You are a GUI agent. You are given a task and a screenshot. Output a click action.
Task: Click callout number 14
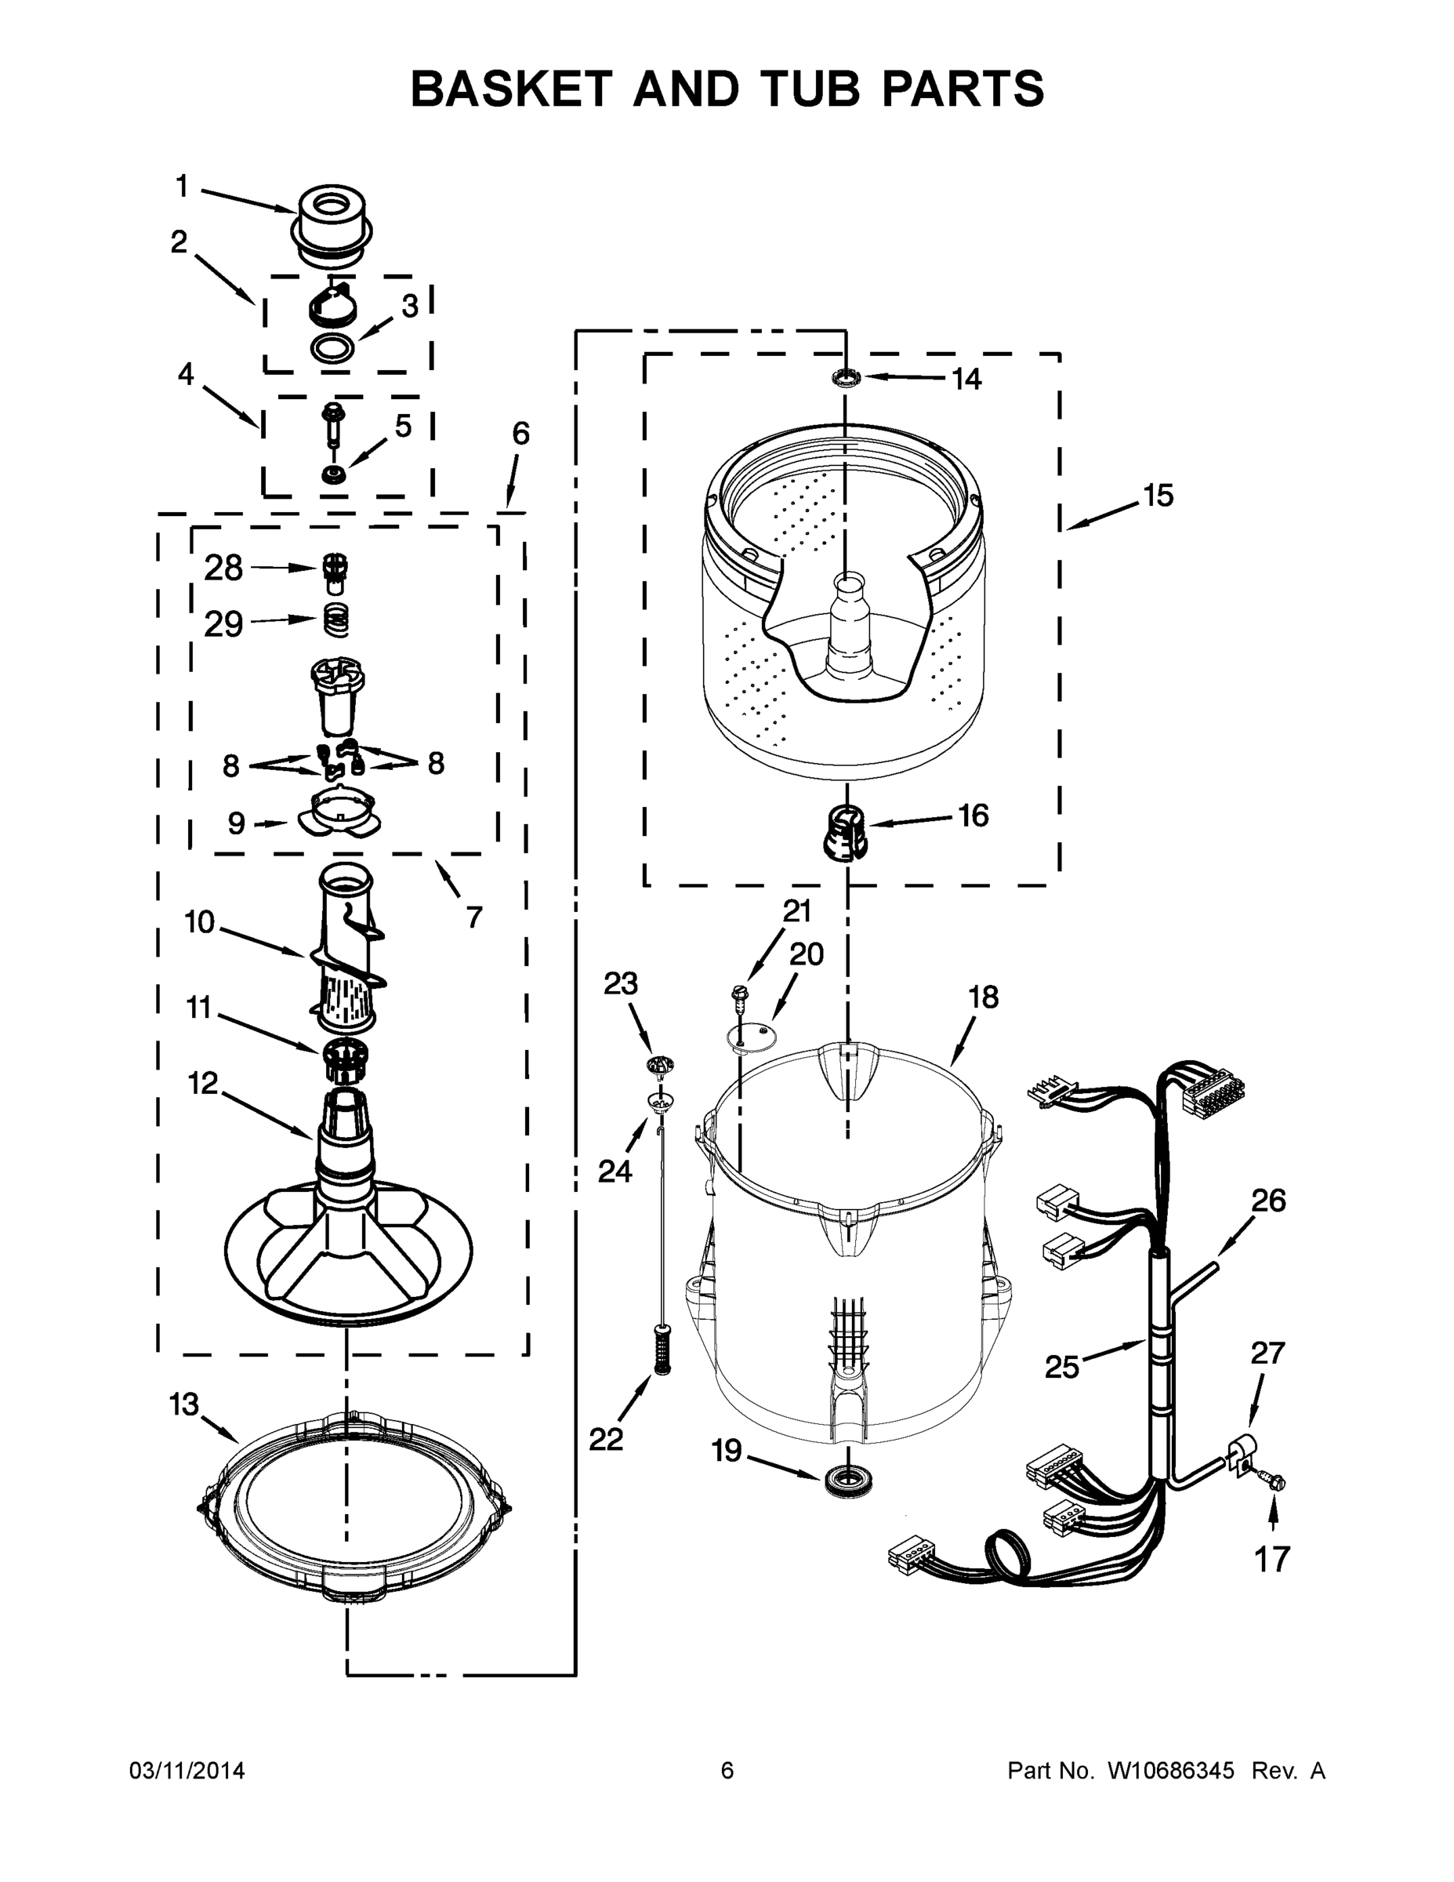pos(966,380)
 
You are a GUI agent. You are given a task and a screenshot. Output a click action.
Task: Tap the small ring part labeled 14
pos(847,376)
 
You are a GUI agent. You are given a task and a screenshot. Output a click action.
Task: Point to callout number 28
pos(223,569)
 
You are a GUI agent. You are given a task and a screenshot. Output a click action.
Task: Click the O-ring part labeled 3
pos(332,348)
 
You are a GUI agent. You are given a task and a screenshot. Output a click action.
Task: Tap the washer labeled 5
pos(332,474)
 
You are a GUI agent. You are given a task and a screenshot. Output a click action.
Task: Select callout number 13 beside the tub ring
pos(183,1405)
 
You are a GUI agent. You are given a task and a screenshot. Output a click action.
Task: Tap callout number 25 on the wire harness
pos(1061,1367)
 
